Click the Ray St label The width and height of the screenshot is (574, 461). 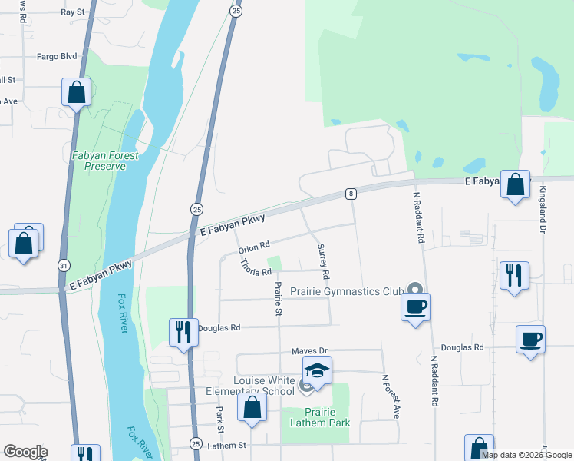[x=72, y=12]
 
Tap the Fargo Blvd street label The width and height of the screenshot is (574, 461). [x=58, y=56]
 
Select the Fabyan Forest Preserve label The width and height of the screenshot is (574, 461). [x=105, y=161]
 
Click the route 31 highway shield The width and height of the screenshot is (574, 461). [x=62, y=264]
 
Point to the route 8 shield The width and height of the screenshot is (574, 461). [x=351, y=194]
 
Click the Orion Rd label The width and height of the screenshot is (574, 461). [x=255, y=247]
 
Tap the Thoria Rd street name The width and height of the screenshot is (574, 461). [x=256, y=267]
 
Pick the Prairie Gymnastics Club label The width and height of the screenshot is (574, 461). [x=347, y=291]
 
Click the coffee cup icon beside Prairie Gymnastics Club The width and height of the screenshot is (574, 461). [x=416, y=307]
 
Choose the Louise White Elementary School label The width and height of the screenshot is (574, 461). [x=265, y=386]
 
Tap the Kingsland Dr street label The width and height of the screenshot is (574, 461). [x=543, y=209]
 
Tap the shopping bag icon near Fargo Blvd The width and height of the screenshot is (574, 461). [x=77, y=93]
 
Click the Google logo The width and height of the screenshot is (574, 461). [x=25, y=452]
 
